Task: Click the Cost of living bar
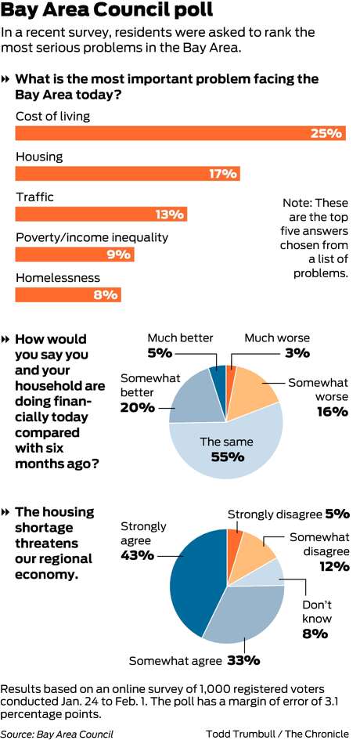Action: pyautogui.click(x=181, y=133)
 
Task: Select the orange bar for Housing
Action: pyautogui.click(x=128, y=174)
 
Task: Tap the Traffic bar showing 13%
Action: pyautogui.click(x=102, y=215)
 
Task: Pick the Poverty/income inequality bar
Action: pyautogui.click(x=75, y=254)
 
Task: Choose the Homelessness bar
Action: pyautogui.click(x=68, y=295)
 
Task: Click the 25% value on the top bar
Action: pyautogui.click(x=326, y=133)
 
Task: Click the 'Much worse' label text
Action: pyautogui.click(x=277, y=338)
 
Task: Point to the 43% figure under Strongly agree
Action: pyautogui.click(x=137, y=555)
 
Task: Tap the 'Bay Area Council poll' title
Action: pyautogui.click(x=106, y=10)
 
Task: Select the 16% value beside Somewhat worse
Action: pyautogui.click(x=332, y=412)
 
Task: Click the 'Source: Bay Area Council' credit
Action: pyautogui.click(x=57, y=734)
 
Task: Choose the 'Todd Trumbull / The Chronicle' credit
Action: pyautogui.click(x=277, y=734)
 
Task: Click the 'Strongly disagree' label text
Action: pyautogui.click(x=275, y=514)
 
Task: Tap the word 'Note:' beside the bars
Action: pyautogui.click(x=297, y=203)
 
